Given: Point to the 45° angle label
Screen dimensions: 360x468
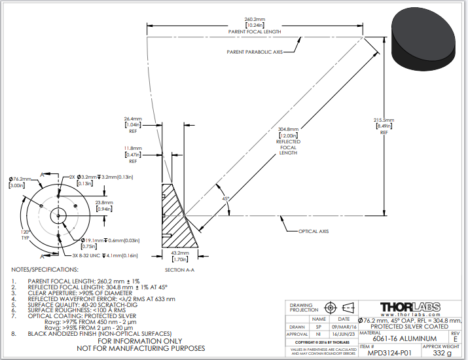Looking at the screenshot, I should (225, 198).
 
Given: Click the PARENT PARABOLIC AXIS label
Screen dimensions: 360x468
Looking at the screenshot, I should (254, 52).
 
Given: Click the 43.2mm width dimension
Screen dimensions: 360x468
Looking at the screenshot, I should (181, 253).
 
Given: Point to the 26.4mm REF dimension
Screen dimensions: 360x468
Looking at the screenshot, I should (133, 119).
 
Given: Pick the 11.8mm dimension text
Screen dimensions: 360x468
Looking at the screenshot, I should (133, 149).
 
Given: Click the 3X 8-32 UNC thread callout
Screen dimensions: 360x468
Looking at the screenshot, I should (95, 255).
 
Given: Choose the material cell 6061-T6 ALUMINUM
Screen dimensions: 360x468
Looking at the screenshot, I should (400, 338).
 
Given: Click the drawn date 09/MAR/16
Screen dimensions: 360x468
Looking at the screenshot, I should (343, 326).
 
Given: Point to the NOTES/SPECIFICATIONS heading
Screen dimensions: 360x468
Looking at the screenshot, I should (45, 269).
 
